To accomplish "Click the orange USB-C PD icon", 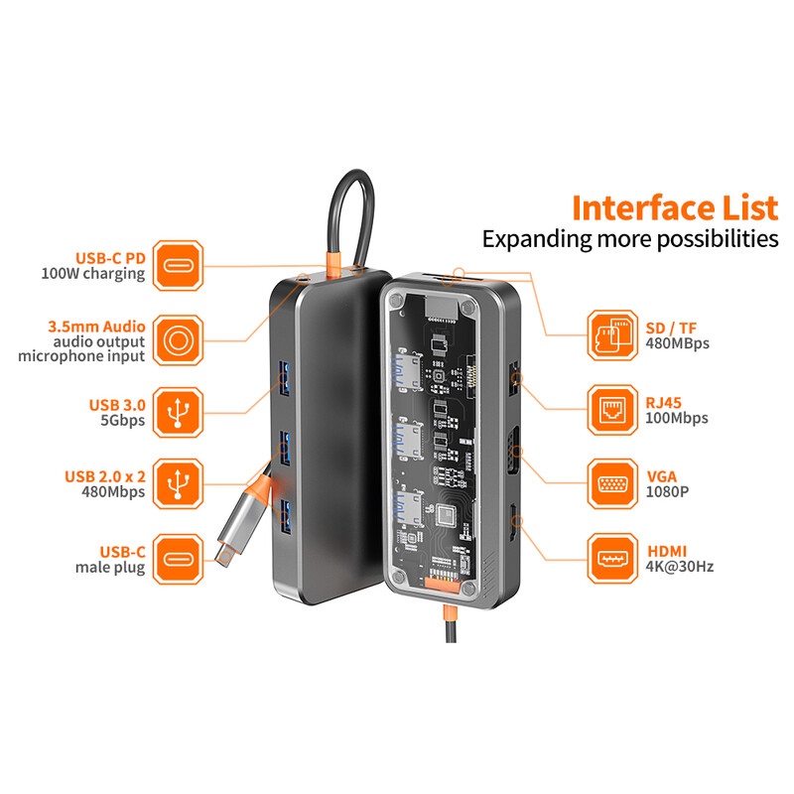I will click(179, 265).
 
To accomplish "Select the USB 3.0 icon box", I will click(179, 411).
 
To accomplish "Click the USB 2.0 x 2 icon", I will click(179, 482).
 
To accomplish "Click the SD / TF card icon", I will click(612, 334).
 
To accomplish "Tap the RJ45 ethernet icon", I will click(612, 409).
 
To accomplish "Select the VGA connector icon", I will click(612, 483).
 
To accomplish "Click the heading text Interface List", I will click(675, 208).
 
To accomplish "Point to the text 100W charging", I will click(93, 274).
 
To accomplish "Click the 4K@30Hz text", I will click(680, 567).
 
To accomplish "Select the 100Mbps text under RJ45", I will click(677, 418).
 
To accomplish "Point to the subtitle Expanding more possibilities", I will click(630, 239).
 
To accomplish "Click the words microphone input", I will click(81, 356).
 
